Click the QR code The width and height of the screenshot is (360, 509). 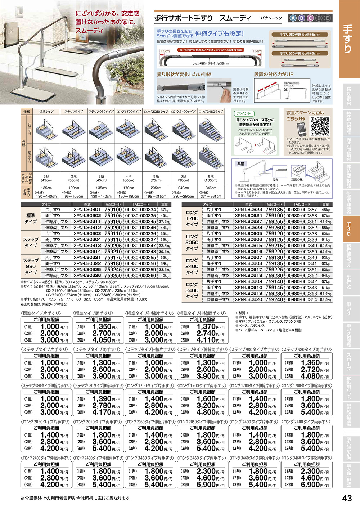[320, 126]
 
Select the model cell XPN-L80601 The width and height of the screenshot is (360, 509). [87, 210]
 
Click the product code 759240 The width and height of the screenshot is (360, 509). [274, 299]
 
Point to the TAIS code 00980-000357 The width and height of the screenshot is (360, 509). [302, 210]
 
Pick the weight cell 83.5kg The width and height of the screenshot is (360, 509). [325, 299]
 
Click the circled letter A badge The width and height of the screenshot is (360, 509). [293, 18]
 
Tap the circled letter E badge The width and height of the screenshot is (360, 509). [327, 18]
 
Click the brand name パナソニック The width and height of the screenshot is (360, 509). [271, 18]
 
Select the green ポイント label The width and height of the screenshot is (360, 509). [244, 113]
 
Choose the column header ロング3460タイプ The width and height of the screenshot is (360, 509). [211, 112]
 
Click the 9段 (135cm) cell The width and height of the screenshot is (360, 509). [211, 178]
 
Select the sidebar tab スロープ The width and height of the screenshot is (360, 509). [348, 362]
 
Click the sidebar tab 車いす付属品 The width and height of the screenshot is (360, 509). [348, 335]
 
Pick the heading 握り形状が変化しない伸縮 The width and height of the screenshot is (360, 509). [184, 75]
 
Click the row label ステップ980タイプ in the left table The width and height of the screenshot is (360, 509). [31, 266]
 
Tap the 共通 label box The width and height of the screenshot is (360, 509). [241, 164]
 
